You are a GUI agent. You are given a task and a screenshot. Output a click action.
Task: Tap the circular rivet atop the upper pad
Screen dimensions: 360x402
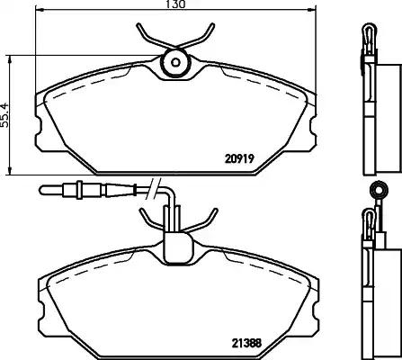(174, 63)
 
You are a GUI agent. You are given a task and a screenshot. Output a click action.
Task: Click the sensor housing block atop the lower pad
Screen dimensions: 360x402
(175, 243)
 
